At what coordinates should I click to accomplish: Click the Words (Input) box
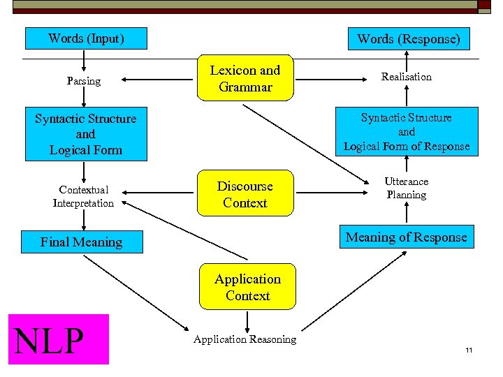[86, 38]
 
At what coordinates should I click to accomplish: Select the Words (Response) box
[409, 39]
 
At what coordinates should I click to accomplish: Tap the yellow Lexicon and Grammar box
[245, 78]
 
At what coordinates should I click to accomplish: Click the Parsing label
[84, 81]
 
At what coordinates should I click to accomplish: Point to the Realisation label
[406, 77]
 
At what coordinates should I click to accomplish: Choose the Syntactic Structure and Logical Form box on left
[86, 134]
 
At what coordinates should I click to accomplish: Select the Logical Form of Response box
[406, 132]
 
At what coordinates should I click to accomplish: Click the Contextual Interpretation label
[83, 196]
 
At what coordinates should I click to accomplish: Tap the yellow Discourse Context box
[245, 194]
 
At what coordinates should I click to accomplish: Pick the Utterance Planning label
[406, 188]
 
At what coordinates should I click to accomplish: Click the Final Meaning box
[82, 242]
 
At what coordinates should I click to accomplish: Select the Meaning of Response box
[406, 237]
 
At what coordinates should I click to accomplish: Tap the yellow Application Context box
[247, 287]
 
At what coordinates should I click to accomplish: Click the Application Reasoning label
[245, 339]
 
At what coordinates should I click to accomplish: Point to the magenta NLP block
[59, 339]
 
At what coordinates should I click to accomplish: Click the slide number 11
[469, 349]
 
